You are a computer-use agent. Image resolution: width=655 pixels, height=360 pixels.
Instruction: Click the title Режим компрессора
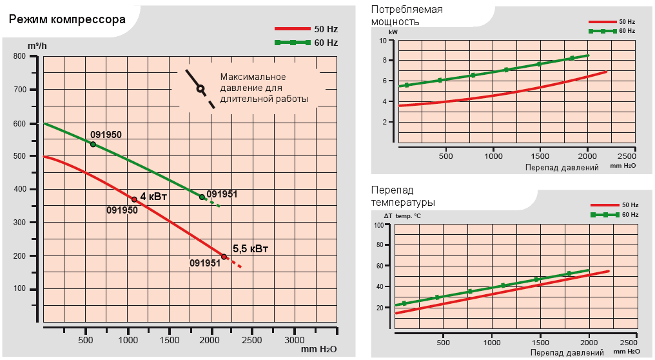(x=67, y=19)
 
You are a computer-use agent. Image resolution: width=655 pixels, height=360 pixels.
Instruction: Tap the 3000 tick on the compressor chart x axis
(x=294, y=339)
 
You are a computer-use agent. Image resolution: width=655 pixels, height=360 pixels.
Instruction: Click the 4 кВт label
(x=153, y=197)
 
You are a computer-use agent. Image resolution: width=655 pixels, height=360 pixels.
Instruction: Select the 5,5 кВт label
(x=250, y=248)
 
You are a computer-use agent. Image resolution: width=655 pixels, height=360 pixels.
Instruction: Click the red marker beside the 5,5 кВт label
(x=224, y=257)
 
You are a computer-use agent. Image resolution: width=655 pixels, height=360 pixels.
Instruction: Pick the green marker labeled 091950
(x=93, y=145)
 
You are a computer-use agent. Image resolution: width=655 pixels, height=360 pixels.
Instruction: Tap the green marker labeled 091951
(x=202, y=197)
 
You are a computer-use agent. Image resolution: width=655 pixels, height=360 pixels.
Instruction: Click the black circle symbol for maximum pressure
(x=200, y=88)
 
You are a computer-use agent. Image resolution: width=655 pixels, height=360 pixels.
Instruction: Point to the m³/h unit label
(x=37, y=45)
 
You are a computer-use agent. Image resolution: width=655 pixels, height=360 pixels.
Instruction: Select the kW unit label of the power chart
(x=393, y=31)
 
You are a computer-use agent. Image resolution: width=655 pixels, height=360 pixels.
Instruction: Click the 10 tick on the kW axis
(x=382, y=41)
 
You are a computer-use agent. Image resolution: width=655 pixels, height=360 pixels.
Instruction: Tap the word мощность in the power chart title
(x=395, y=21)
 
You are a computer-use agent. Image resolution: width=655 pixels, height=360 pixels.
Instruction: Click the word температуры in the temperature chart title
(x=403, y=203)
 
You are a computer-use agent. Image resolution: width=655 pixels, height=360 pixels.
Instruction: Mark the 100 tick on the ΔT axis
(x=379, y=226)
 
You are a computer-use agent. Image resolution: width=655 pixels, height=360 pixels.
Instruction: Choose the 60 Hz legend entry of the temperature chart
(x=615, y=214)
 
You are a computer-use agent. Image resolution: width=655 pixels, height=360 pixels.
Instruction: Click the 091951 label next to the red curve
(x=206, y=263)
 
